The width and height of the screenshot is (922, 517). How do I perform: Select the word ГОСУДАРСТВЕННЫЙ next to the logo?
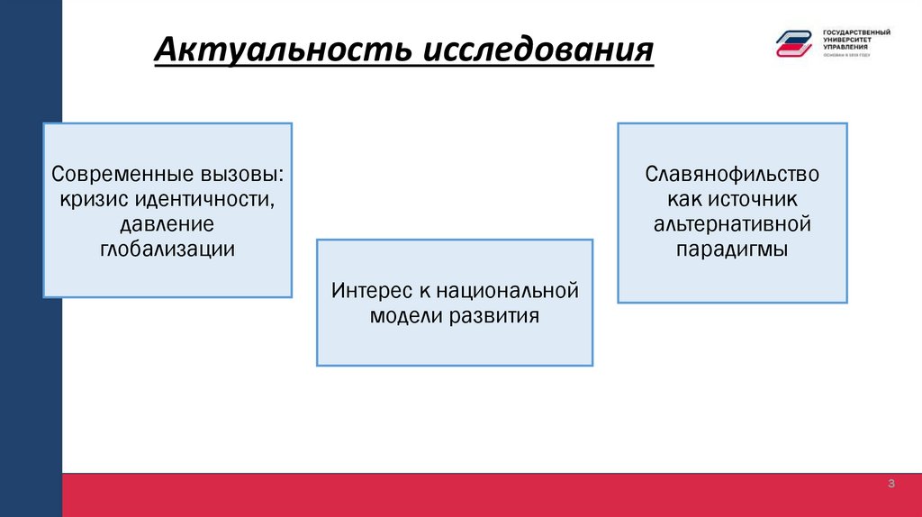click(856, 32)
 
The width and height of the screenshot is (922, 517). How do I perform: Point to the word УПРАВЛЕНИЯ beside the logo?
click(845, 46)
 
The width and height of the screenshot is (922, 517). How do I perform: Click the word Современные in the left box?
click(113, 172)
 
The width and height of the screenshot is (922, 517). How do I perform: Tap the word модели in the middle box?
click(402, 316)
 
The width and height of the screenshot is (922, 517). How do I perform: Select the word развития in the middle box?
click(493, 316)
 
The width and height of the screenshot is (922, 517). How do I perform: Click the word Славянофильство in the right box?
click(732, 172)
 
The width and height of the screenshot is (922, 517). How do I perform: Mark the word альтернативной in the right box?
click(732, 222)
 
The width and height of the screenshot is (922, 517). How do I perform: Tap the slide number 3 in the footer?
click(891, 485)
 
